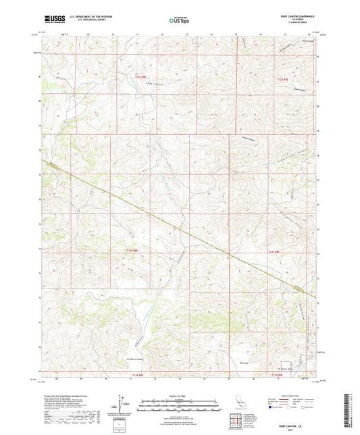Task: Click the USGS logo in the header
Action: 51,20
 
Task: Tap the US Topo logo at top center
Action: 178,21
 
